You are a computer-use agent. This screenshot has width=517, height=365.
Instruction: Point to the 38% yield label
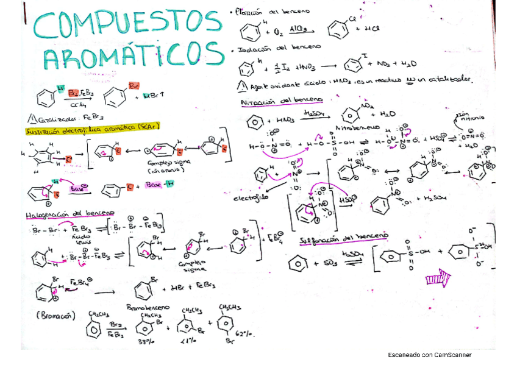pyautogui.click(x=144, y=342)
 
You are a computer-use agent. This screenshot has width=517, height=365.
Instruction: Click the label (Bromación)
pyautogui.click(x=55, y=316)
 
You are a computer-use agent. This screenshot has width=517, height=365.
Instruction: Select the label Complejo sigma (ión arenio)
pyautogui.click(x=162, y=168)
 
